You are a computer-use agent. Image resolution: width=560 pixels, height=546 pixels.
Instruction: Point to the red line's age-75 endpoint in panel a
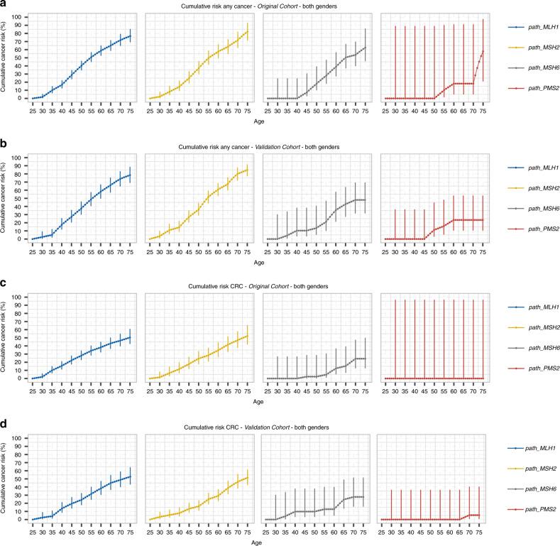coord(483,52)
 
